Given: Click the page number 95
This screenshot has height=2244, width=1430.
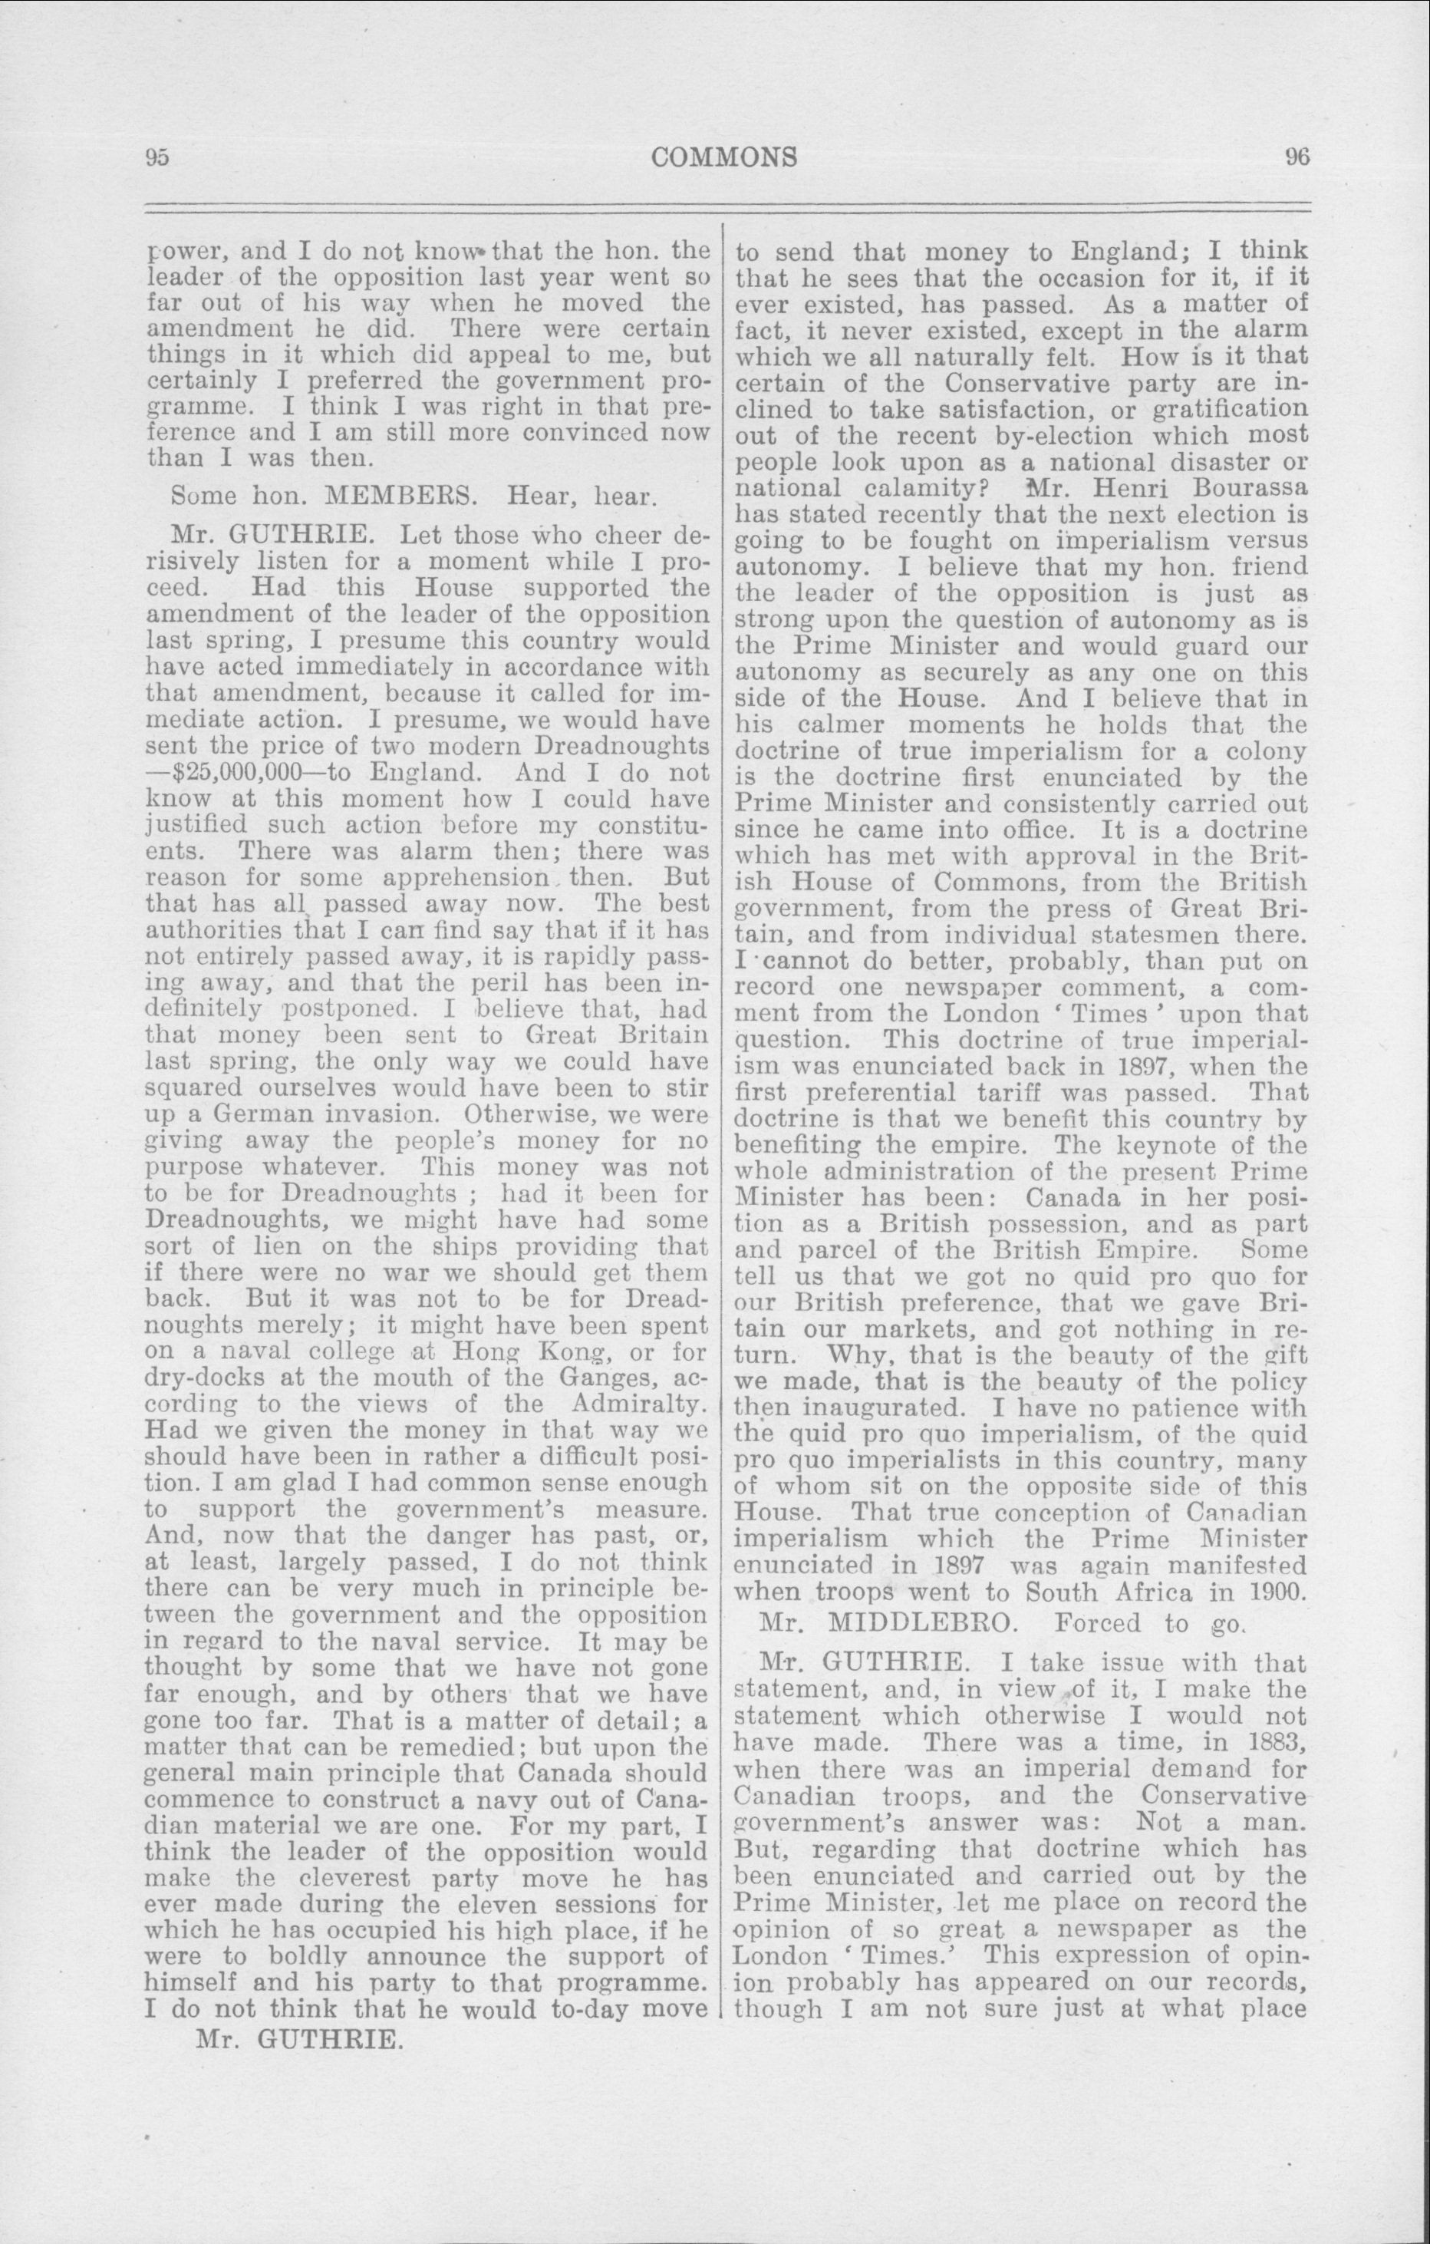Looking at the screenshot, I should [x=156, y=157].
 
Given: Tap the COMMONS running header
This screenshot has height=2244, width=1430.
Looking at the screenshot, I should [x=725, y=157].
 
